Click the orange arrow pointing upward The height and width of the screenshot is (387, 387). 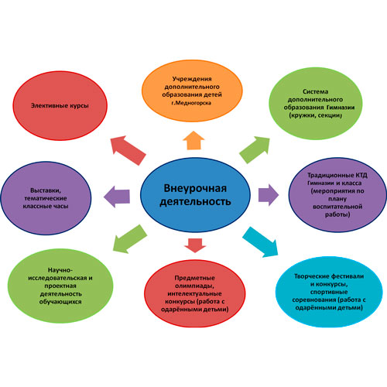pos(193,141)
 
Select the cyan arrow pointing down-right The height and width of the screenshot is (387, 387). pos(261,242)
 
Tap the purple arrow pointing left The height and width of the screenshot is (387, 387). pos(117,197)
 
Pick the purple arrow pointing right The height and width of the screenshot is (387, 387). pos(269,195)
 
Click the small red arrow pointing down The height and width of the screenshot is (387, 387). pos(195,245)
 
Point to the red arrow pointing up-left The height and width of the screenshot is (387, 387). pos(128,150)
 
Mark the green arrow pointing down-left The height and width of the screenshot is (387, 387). pos(129,239)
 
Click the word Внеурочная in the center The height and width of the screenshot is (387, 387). pos(195,188)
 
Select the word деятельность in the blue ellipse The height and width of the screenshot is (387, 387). pos(195,202)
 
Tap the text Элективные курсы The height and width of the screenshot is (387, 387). pos(60,105)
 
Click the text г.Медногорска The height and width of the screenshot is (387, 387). pos(191,103)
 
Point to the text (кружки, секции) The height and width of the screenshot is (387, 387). pos(315,115)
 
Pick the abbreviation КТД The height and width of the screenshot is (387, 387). pos(361,175)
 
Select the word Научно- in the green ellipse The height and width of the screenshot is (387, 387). pos(60,270)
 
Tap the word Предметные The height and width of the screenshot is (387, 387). pos(194,278)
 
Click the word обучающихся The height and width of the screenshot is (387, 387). pos(60,302)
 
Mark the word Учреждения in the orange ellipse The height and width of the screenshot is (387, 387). pos(192,79)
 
